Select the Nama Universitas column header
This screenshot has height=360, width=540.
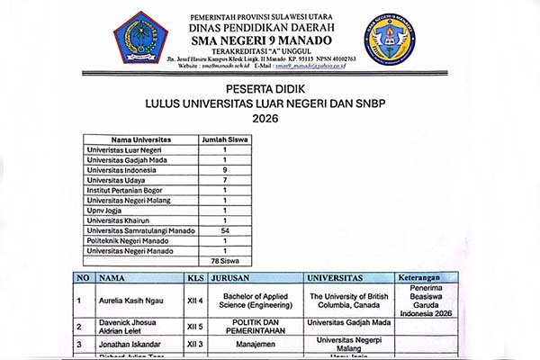click(x=140, y=140)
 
